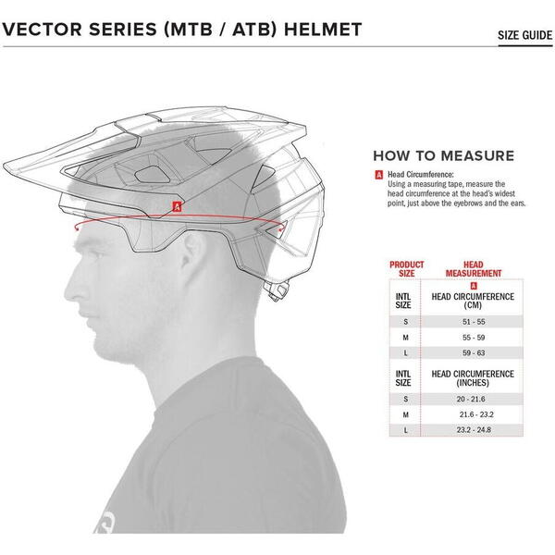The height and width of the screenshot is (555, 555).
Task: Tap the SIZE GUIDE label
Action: [524, 35]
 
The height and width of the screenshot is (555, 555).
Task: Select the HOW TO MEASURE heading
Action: [443, 155]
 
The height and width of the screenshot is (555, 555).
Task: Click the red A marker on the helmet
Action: [177, 206]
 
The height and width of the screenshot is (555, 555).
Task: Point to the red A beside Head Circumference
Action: [378, 175]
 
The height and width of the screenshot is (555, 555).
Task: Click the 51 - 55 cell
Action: [474, 322]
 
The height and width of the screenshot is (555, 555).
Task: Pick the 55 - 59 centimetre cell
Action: [474, 338]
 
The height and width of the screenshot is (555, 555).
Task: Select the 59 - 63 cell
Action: [474, 353]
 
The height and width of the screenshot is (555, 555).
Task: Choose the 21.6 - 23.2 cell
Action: [476, 414]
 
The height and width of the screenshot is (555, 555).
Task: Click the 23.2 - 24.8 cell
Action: [474, 430]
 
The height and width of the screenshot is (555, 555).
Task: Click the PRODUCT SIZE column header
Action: [407, 269]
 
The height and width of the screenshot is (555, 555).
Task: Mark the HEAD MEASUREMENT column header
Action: [474, 269]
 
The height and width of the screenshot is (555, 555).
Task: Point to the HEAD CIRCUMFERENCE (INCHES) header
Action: [473, 378]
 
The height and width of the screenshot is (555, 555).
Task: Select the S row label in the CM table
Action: [406, 322]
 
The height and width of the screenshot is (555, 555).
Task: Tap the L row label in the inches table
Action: [406, 430]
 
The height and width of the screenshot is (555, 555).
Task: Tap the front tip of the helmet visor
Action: [5, 166]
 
